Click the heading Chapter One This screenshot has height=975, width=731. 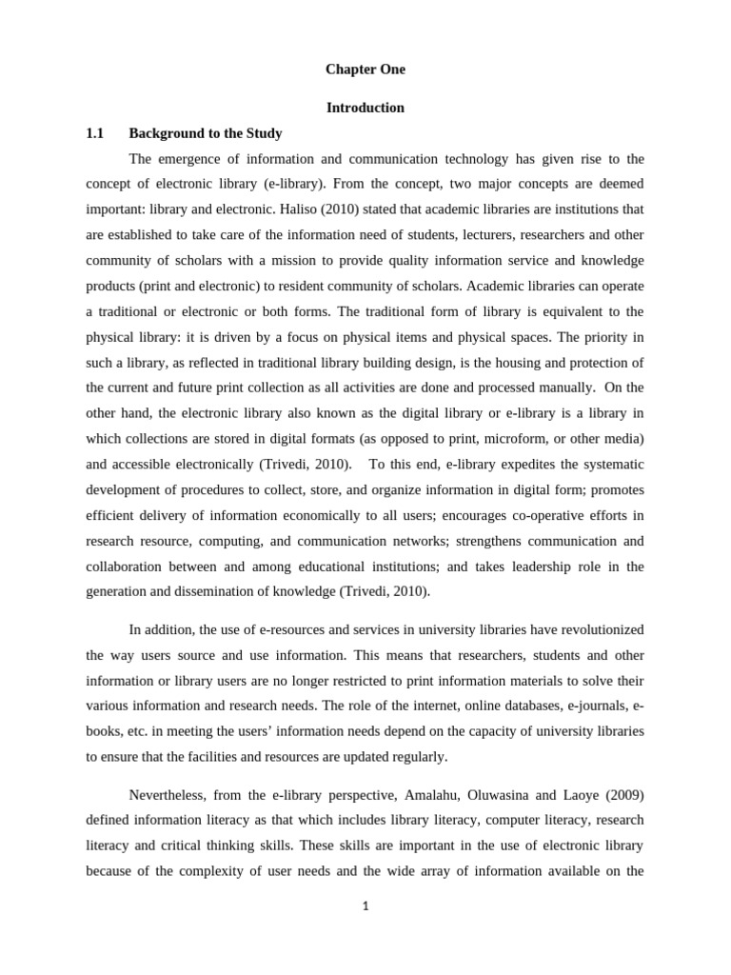[x=365, y=70]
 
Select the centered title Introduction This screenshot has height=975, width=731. [x=365, y=108]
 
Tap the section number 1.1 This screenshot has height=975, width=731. [x=95, y=133]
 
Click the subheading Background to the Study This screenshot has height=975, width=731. [x=206, y=133]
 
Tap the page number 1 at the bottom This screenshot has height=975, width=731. [x=365, y=906]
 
